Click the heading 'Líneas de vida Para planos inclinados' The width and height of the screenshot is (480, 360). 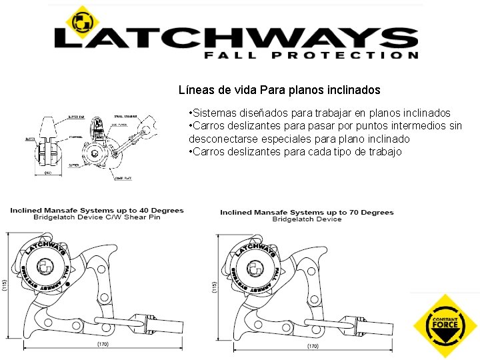click(279, 89)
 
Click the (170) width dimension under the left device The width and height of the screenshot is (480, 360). click(102, 345)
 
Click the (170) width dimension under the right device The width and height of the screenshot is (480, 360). click(313, 347)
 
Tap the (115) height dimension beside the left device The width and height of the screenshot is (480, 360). click(5, 285)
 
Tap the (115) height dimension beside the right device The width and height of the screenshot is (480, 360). click(214, 287)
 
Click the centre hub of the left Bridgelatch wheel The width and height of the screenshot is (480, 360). click(46, 267)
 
